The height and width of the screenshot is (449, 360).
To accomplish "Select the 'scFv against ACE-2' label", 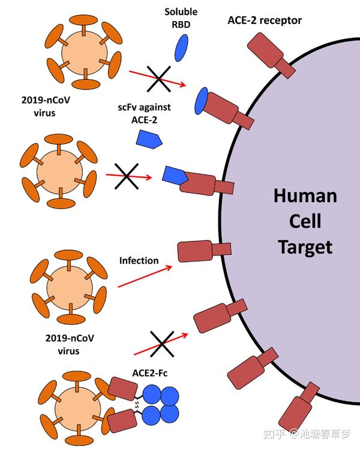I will [x=145, y=114].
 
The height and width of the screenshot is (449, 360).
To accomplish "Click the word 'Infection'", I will [x=139, y=261].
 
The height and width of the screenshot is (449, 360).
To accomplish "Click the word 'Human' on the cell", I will [x=305, y=196].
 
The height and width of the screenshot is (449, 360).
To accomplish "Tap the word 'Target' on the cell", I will [x=305, y=246].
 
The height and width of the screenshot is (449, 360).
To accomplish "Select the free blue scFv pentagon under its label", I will [x=148, y=139].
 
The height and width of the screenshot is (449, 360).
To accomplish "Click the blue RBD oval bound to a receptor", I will [x=201, y=100].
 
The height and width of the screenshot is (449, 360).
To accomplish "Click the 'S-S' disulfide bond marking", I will [x=137, y=406].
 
